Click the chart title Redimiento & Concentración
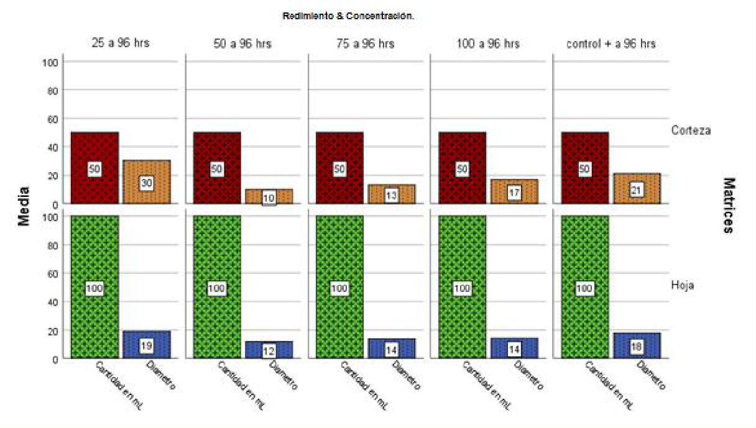[348, 16]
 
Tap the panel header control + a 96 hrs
[611, 44]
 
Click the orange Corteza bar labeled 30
[147, 181]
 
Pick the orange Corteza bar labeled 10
[269, 196]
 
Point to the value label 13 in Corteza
[391, 196]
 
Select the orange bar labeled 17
[514, 191]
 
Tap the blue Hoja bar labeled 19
[147, 345]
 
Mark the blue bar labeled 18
[636, 346]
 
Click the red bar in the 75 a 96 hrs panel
[339, 168]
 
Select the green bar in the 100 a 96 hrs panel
[462, 287]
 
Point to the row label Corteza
[691, 131]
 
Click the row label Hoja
[683, 286]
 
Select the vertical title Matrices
[729, 206]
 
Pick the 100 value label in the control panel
[584, 288]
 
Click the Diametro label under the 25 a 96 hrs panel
[161, 376]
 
